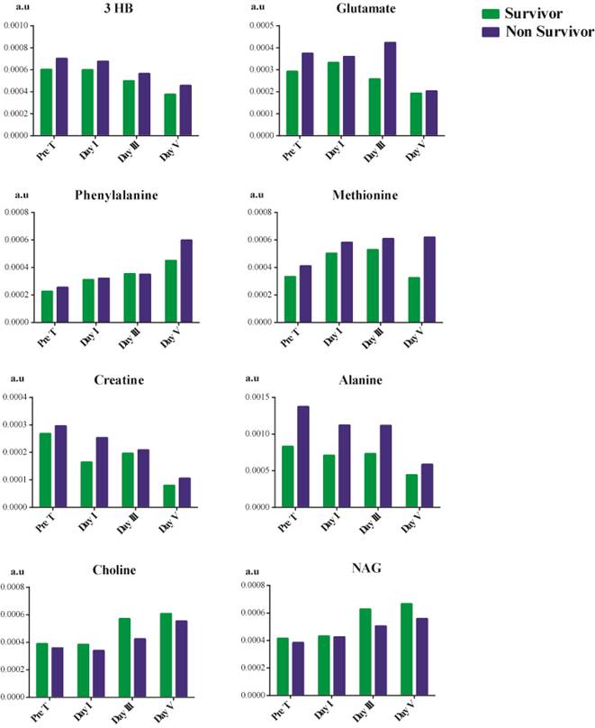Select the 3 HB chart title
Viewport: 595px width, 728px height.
click(114, 11)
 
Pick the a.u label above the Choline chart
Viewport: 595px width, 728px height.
click(14, 571)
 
